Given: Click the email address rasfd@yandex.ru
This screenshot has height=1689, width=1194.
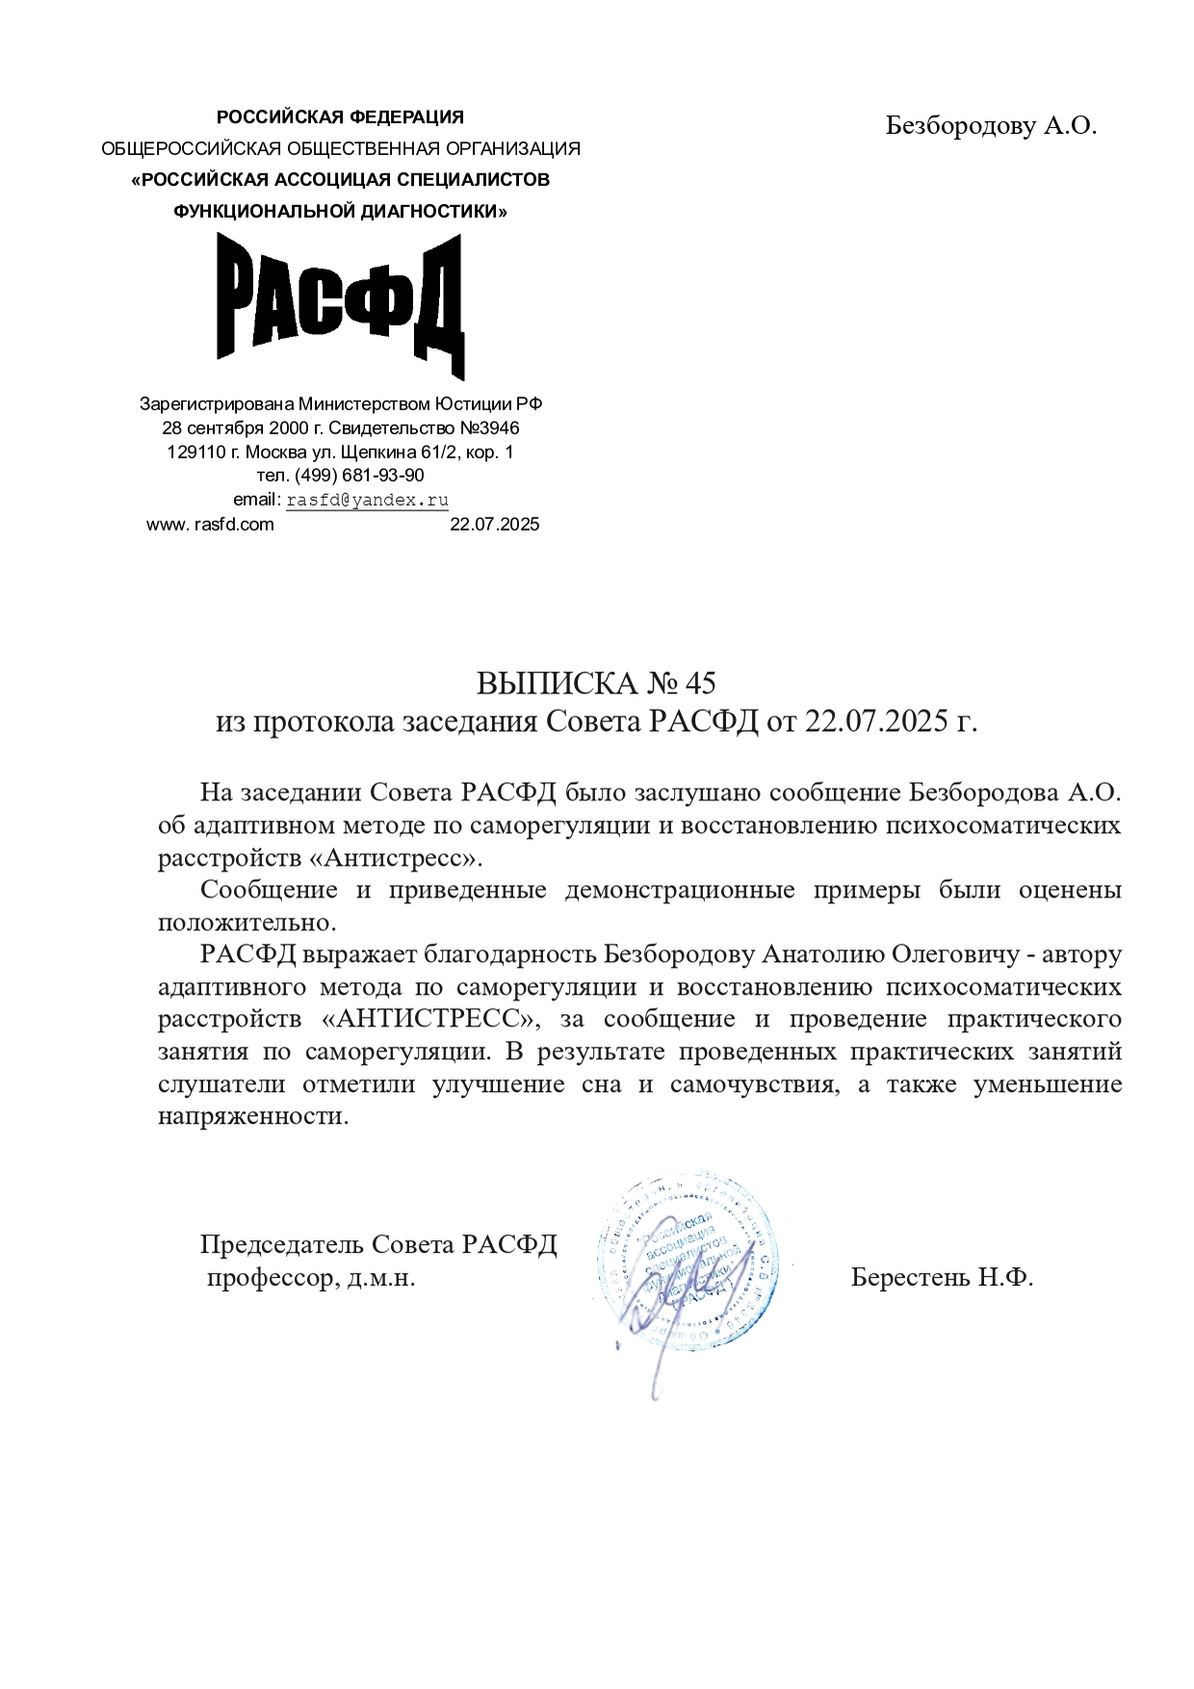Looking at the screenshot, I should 368,500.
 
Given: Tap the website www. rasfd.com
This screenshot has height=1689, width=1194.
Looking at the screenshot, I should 210,525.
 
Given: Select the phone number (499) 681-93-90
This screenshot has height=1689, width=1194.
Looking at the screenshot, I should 359,476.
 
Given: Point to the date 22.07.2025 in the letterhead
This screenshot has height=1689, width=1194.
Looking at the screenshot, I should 495,525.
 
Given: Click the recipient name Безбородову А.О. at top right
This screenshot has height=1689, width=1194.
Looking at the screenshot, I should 991,126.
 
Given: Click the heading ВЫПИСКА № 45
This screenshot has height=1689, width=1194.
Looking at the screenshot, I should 596,684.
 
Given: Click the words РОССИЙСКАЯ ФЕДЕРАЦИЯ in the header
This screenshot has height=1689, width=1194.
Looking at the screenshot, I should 340,117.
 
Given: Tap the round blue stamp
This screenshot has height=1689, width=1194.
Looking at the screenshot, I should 688,1261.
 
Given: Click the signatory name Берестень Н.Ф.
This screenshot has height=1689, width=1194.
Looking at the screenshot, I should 942,1278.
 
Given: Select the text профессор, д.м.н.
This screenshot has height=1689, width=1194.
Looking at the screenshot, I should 311,1279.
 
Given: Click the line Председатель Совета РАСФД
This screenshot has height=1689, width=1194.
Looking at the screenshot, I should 378,1245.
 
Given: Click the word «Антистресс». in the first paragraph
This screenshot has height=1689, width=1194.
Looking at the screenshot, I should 402,858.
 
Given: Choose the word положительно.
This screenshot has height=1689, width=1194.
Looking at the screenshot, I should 247,922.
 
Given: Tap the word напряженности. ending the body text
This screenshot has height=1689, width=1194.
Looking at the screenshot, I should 253,1117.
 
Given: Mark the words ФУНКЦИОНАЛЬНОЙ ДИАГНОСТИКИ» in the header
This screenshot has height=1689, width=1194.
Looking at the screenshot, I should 340,211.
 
